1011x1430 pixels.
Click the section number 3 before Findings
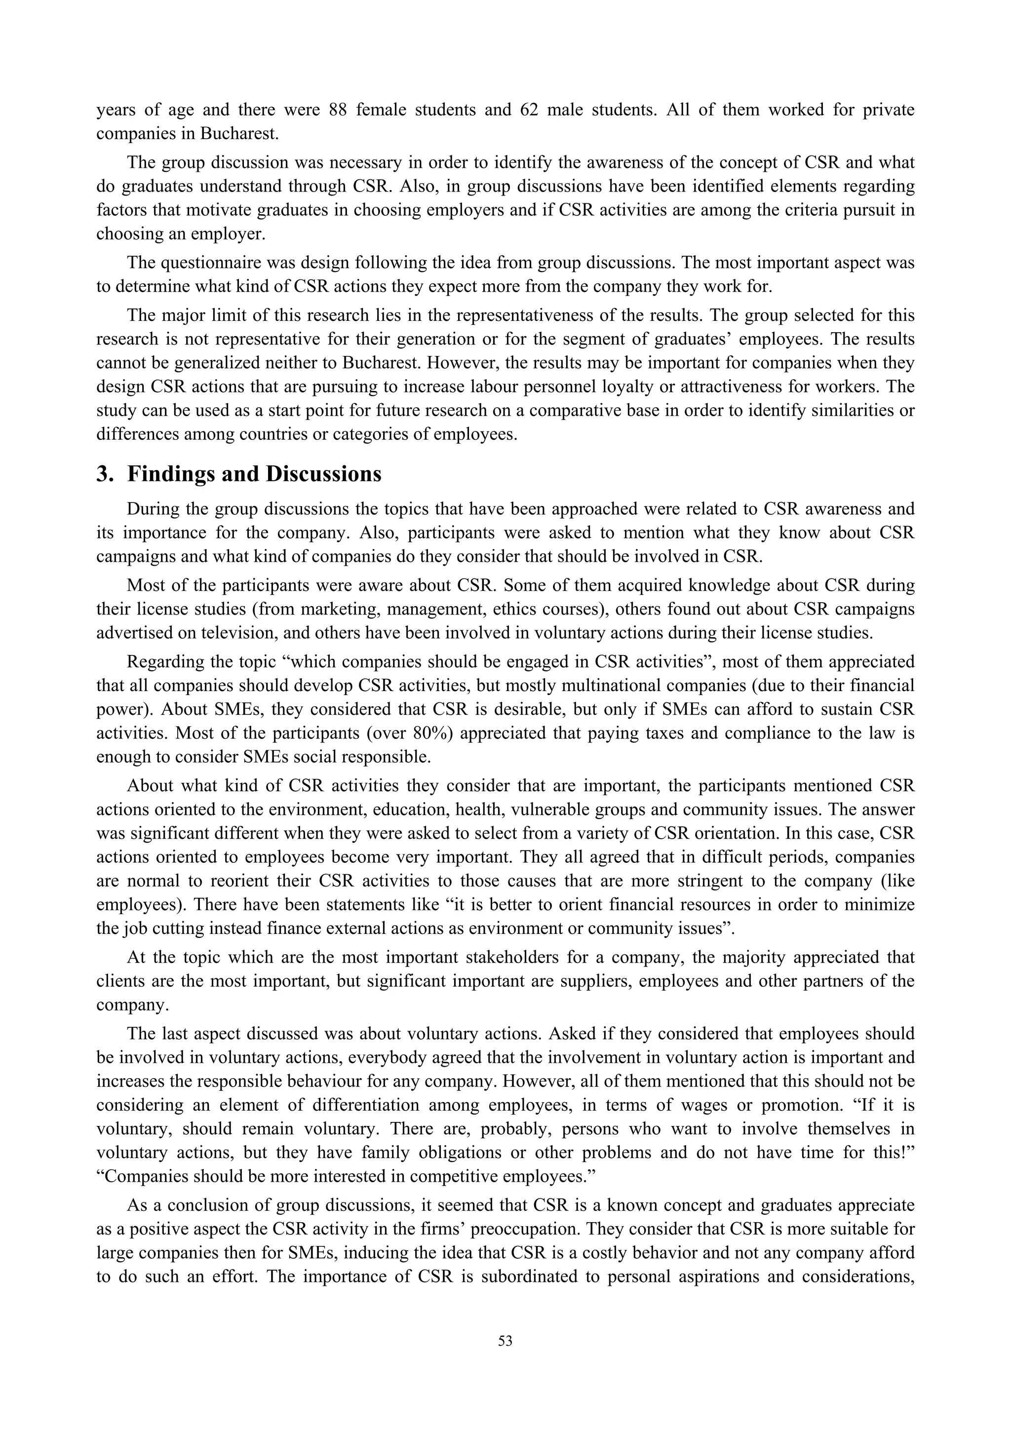point(103,474)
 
